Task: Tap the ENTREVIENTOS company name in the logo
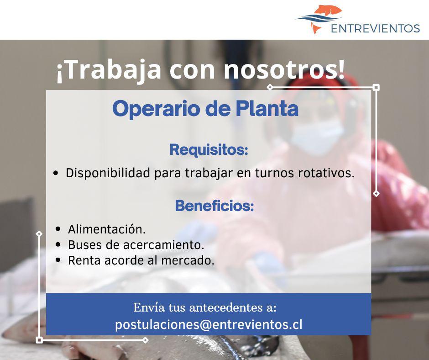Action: point(375,28)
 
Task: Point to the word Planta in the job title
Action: point(267,108)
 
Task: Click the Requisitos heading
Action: point(209,150)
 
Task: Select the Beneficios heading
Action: point(214,206)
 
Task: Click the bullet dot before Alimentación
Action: point(58,229)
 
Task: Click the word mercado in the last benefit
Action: point(188,260)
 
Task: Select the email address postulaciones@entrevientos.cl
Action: point(209,325)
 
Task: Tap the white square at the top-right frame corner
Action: point(376,87)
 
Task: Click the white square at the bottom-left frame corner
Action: point(39,340)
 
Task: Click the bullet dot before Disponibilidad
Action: point(56,173)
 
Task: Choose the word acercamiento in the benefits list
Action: point(163,245)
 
